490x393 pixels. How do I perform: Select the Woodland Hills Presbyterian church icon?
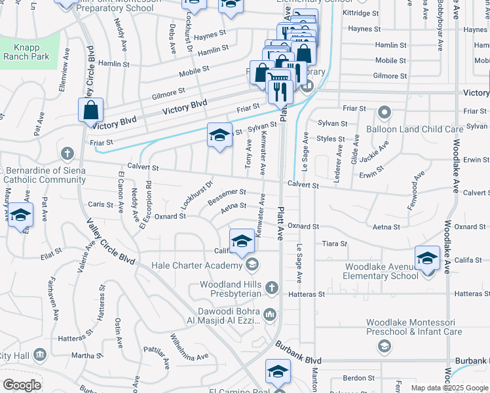click(272, 288)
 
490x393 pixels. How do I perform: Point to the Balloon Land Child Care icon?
click(383, 113)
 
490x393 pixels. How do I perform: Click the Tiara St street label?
click(334, 244)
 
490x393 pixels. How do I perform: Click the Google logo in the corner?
click(22, 385)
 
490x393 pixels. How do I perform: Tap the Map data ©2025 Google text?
click(449, 388)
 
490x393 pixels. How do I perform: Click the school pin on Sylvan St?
click(220, 136)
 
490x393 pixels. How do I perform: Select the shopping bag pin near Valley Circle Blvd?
click(90, 111)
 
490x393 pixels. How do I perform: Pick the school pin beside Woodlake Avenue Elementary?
click(427, 258)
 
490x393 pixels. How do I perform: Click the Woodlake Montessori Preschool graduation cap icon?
click(385, 345)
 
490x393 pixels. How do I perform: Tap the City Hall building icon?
click(40, 355)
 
